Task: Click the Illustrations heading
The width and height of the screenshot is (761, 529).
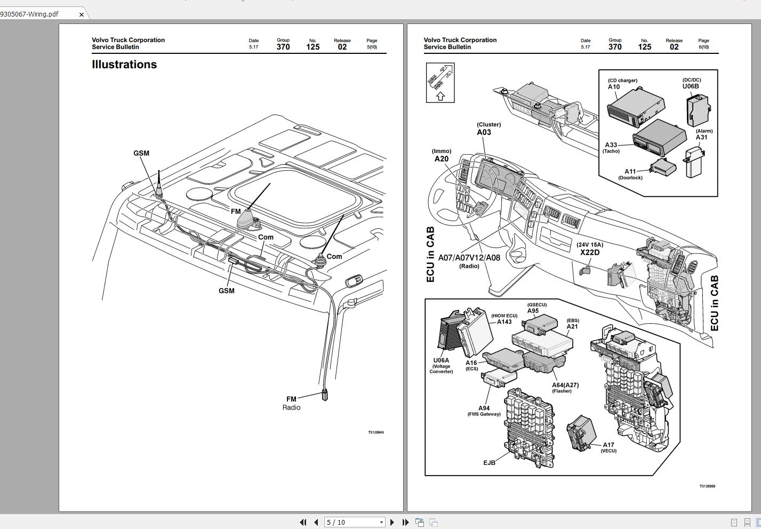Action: [x=124, y=65]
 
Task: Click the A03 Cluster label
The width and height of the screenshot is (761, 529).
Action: [x=484, y=132]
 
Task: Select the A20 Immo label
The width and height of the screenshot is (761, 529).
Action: [x=442, y=158]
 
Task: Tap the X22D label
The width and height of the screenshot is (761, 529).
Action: [x=590, y=252]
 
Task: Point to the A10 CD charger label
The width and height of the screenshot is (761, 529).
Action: [x=614, y=86]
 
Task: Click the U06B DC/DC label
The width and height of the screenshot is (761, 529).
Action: [x=691, y=85]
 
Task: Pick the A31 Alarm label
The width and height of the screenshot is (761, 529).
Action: [x=702, y=137]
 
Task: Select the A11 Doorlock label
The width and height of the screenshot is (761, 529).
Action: [x=630, y=172]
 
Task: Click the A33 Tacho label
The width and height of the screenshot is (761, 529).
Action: [x=611, y=145]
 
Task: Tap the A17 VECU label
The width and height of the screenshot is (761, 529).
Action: [x=608, y=445]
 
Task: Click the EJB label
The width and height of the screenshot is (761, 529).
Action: [x=489, y=462]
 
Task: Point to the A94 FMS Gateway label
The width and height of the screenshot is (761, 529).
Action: [x=484, y=408]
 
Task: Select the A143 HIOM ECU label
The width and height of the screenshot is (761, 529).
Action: [x=504, y=321]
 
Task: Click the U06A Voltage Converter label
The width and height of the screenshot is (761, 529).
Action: [x=441, y=360]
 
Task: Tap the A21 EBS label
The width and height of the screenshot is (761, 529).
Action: [x=572, y=326]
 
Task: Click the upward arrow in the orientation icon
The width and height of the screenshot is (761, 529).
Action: [x=440, y=96]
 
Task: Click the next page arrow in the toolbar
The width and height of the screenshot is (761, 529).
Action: [x=392, y=522]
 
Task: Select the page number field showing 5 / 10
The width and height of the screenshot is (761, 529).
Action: [x=352, y=522]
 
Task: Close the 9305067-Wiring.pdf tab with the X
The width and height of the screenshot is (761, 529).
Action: [x=81, y=14]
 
